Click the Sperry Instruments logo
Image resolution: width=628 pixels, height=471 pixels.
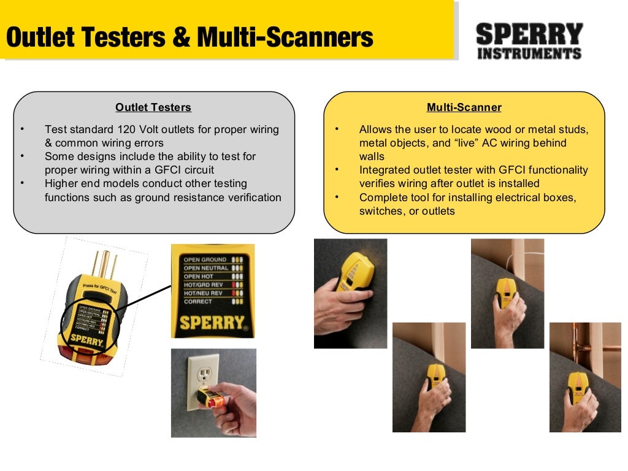click(x=529, y=41)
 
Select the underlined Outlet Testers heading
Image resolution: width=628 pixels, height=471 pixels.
click(x=153, y=108)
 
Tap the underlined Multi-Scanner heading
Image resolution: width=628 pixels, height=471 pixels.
click(x=464, y=108)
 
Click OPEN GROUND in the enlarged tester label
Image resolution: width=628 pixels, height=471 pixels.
click(x=205, y=260)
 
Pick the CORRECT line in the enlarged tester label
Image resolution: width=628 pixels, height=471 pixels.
click(x=197, y=302)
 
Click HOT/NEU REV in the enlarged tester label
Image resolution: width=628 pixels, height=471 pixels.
click(x=204, y=293)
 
